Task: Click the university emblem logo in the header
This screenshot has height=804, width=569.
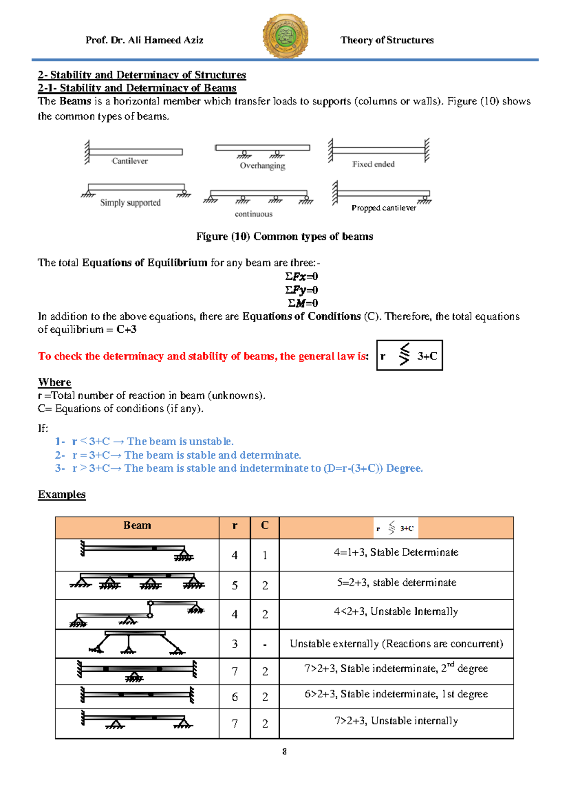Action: pos(285,36)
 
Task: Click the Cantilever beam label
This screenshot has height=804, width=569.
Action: pos(129,161)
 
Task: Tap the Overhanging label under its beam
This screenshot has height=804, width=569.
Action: pos(262,165)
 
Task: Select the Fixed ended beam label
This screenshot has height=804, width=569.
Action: pos(373,164)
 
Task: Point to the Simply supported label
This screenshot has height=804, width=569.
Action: pos(130,202)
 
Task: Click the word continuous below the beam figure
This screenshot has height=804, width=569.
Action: pos(254,214)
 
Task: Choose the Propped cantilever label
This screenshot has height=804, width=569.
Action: pos(384,208)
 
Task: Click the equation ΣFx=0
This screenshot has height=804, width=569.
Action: pos(302,276)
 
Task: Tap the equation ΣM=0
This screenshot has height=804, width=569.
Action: pos(303,303)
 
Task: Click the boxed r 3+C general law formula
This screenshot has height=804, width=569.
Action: pos(409,355)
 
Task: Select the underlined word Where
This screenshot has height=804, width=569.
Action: pos(55,382)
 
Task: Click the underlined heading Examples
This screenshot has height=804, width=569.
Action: pos(62,494)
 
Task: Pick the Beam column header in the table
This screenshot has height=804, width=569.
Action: pos(137,525)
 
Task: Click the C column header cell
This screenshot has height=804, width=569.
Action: pos(265,525)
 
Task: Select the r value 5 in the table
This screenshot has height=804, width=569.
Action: pos(235,585)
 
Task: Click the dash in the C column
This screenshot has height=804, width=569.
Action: pos(265,644)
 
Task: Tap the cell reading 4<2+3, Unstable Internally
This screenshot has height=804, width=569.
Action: pos(396,612)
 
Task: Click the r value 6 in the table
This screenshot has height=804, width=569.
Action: pos(235,697)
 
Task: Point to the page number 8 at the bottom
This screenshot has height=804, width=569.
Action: pos(284,751)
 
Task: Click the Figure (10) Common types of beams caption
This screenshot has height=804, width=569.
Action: pos(284,237)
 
